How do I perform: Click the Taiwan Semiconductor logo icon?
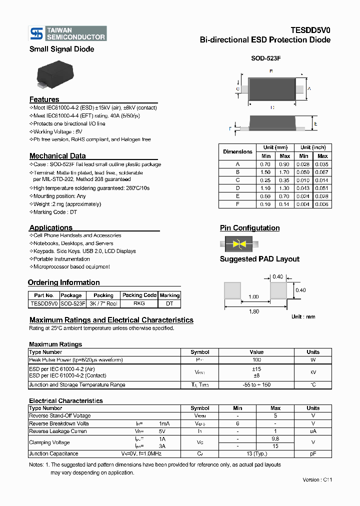[x=37, y=33]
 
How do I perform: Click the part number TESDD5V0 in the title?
[x=310, y=30]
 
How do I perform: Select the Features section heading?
[x=44, y=99]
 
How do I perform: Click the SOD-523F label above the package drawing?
[x=265, y=58]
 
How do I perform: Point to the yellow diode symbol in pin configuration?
[x=239, y=244]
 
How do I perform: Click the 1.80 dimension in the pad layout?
[x=254, y=311]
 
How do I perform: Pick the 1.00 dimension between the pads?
[x=253, y=296]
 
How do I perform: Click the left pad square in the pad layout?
[x=232, y=290]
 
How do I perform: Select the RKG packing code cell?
[x=139, y=303]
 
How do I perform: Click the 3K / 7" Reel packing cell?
[x=103, y=303]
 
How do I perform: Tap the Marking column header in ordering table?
[x=169, y=295]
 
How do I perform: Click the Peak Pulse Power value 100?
[x=256, y=360]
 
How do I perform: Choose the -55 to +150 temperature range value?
[x=256, y=385]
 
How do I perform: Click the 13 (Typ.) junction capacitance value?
[x=256, y=454]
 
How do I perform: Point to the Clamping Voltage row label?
[x=49, y=442]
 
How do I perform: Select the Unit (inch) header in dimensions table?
[x=313, y=147]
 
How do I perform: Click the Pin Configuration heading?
[x=249, y=228]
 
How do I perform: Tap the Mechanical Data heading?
[x=57, y=156]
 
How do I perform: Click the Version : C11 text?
[x=317, y=479]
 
